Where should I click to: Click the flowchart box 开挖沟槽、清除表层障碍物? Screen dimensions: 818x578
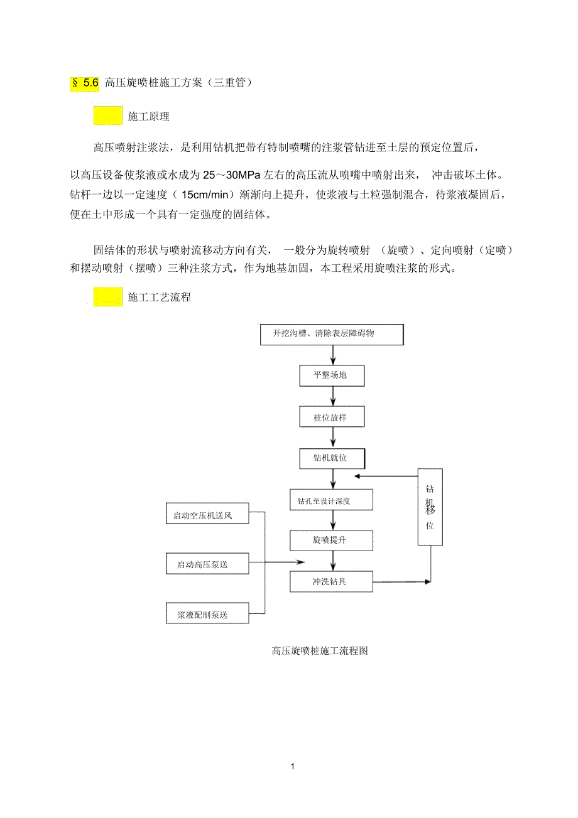pos(332,334)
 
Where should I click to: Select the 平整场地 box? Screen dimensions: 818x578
pos(331,376)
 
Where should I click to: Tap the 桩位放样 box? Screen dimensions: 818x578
pos(331,417)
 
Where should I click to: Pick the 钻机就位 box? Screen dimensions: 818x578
pos(331,458)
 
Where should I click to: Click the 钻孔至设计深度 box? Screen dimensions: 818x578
pos(331,500)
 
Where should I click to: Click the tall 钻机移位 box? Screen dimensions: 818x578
pos(430,507)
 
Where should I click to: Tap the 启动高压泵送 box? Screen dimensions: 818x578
pos(207,564)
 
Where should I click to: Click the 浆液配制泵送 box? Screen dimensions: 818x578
pos(207,613)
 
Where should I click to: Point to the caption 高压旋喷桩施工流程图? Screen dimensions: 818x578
pos(319,651)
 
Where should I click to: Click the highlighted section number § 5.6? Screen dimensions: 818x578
pos(85,83)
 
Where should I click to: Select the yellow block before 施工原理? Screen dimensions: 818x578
pos(108,116)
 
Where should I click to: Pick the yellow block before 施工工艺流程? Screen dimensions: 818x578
pos(108,297)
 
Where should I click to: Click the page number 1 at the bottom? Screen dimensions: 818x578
pos(292,767)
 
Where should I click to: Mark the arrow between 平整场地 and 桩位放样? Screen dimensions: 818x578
pos(333,397)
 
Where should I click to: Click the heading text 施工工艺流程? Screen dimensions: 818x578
pos(159,298)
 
